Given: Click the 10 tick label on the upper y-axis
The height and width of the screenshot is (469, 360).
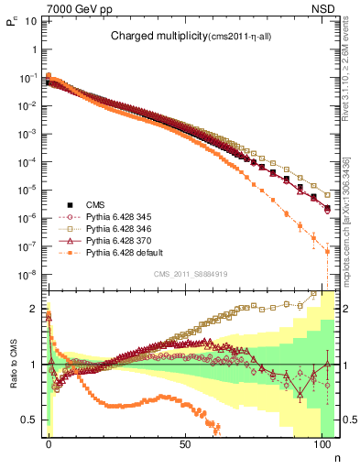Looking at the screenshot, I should click(30, 20).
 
